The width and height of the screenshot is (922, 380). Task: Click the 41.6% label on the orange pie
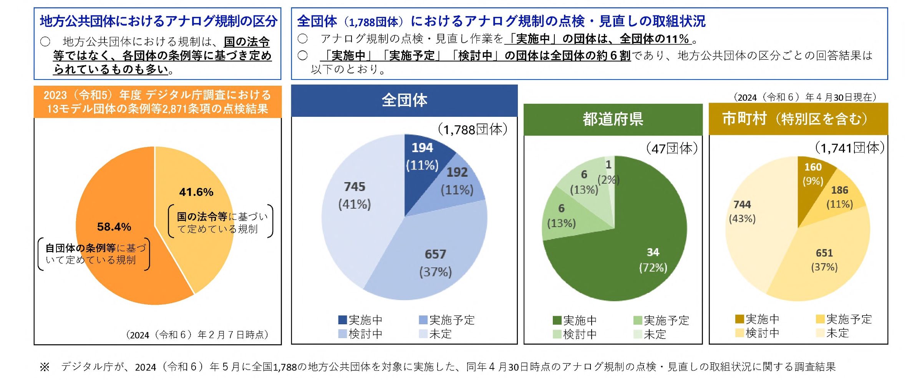tap(196, 192)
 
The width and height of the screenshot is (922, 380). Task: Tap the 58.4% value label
tap(114, 227)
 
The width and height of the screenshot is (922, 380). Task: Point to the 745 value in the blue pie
tap(355, 187)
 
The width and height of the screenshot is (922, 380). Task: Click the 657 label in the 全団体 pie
tap(435, 254)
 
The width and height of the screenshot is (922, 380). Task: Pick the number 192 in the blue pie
tap(457, 173)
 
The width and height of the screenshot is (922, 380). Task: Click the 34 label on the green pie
tap(653, 252)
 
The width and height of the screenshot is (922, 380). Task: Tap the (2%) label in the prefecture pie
tap(609, 180)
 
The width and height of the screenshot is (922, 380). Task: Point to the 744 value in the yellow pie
tap(742, 205)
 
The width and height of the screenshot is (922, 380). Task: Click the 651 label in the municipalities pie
tap(824, 253)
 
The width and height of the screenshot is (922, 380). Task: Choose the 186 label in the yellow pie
tap(839, 191)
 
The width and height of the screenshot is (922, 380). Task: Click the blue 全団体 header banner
tap(404, 101)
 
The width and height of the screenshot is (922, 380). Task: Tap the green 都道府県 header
tap(613, 119)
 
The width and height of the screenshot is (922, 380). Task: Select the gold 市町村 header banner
tap(798, 119)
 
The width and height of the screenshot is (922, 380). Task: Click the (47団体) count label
tap(672, 149)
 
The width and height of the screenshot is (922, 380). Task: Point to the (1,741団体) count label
tap(849, 148)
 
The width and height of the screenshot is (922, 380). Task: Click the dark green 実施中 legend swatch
tap(557, 320)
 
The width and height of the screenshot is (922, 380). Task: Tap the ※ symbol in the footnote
tap(45, 367)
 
